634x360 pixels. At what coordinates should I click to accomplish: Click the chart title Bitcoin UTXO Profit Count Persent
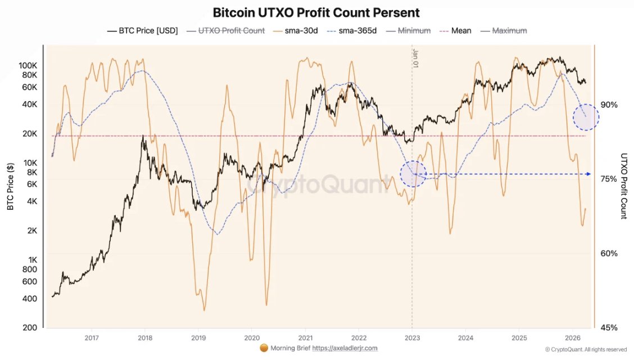point(316,12)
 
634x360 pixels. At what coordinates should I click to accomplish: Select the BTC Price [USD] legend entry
point(142,30)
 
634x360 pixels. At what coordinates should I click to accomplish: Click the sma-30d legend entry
point(296,30)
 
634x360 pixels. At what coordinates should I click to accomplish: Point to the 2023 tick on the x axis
point(412,337)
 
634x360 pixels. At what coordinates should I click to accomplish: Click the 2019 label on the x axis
point(198,337)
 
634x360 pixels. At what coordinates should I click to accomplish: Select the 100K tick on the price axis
point(28,65)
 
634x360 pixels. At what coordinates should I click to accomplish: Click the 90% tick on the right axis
point(609,105)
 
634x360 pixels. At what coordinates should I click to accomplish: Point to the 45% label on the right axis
point(609,327)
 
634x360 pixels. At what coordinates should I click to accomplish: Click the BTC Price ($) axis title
point(11,186)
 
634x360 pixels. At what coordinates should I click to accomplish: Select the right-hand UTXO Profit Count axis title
point(624,186)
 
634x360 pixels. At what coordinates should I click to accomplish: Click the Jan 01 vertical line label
point(416,58)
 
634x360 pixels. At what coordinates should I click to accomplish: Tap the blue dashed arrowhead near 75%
point(588,174)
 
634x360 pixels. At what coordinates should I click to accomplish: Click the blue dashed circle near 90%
point(586,118)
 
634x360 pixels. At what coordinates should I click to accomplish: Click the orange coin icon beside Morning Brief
point(264,348)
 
